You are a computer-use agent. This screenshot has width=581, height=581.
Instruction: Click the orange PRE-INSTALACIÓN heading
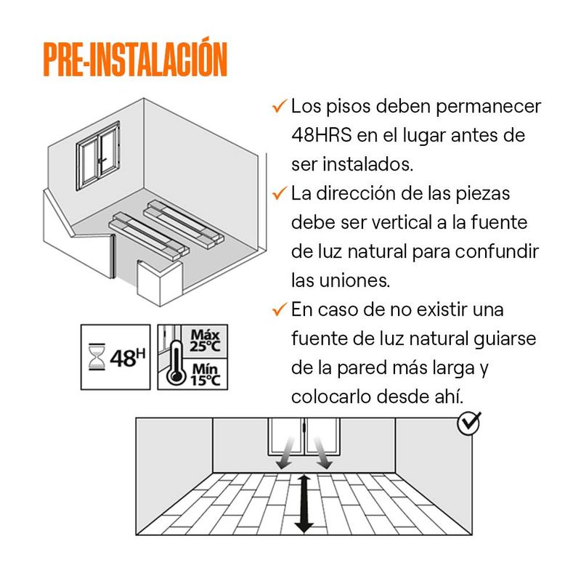pos(135,58)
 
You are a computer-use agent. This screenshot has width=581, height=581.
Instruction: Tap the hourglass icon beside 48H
pos(97,357)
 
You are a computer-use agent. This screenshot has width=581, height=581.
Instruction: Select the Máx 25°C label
pos(205,341)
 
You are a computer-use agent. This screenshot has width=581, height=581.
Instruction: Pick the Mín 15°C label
pos(206,375)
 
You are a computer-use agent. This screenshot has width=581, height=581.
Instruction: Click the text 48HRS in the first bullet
pos(321,135)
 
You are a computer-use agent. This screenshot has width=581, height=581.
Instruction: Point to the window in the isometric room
pos(98,155)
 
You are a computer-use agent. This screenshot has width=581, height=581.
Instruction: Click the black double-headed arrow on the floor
pos(304,503)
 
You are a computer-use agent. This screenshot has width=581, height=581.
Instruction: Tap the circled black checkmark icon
pos(469,423)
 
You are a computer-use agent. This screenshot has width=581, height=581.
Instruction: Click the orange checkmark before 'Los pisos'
pos(280,106)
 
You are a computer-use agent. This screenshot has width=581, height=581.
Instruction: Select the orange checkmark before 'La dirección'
pos(280,193)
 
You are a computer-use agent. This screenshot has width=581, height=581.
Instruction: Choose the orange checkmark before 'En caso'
pos(280,309)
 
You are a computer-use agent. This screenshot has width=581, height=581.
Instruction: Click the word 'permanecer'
pos(488,107)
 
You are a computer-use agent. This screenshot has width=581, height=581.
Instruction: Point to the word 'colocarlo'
pos(331,397)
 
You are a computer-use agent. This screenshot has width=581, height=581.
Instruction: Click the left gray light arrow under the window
pos(285,452)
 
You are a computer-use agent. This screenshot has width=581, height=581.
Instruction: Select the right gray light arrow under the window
pos(322,452)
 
